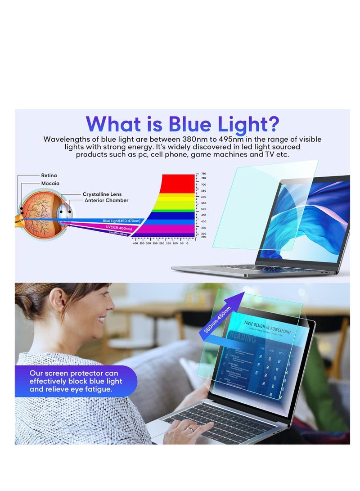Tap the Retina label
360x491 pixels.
[x=49, y=176]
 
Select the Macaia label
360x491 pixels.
[x=50, y=184]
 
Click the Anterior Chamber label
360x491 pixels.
[x=107, y=201]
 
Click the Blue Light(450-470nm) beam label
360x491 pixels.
[x=121, y=221]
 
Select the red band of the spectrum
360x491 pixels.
[x=178, y=183]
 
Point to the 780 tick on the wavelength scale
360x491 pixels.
[x=203, y=174]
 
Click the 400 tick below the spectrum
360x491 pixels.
[x=135, y=243]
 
